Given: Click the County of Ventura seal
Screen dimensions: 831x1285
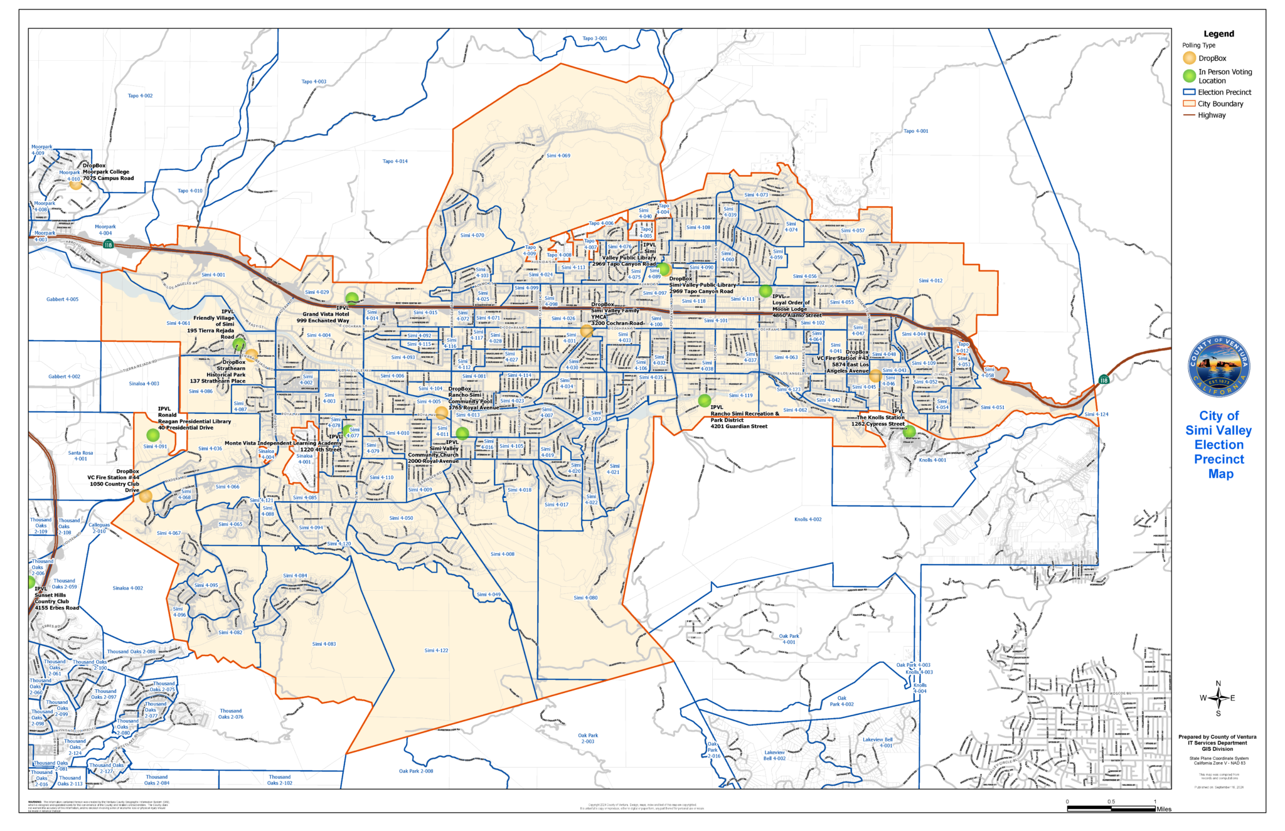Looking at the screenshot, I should click(x=1218, y=366).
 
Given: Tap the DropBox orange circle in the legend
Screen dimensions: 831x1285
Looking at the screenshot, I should click(x=1189, y=58).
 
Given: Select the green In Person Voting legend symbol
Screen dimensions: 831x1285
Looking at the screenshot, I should click(x=1189, y=76).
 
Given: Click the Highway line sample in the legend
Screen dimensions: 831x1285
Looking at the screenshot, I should click(x=1189, y=115).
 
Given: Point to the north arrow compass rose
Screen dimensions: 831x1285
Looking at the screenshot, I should click(x=1218, y=697).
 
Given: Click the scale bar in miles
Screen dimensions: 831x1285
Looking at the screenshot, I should click(x=1111, y=808).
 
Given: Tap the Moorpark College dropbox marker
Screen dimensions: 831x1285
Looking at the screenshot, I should click(x=75, y=184).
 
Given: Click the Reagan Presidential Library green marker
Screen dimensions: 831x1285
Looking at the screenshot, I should click(x=152, y=435).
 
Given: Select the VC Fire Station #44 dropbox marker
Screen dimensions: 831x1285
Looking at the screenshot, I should click(x=146, y=495).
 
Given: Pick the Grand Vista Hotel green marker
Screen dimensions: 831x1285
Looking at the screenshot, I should click(x=352, y=298).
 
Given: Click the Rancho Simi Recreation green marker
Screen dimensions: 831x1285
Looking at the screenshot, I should click(x=704, y=400).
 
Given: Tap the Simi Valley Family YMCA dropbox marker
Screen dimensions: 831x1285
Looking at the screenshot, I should click(x=586, y=331).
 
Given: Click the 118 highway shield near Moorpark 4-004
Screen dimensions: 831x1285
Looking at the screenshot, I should click(x=108, y=245).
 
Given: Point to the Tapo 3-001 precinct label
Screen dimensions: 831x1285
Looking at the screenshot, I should click(x=594, y=39).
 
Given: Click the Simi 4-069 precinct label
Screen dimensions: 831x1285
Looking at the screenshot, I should click(x=558, y=156).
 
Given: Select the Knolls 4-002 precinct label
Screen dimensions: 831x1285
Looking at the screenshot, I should click(x=808, y=519).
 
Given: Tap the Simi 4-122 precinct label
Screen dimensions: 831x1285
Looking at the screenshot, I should click(x=436, y=650).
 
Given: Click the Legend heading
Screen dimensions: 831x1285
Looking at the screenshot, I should click(x=1218, y=34).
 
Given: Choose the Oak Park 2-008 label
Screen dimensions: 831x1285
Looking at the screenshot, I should click(x=415, y=771).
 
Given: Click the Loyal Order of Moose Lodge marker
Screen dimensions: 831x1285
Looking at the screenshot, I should click(x=765, y=291).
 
